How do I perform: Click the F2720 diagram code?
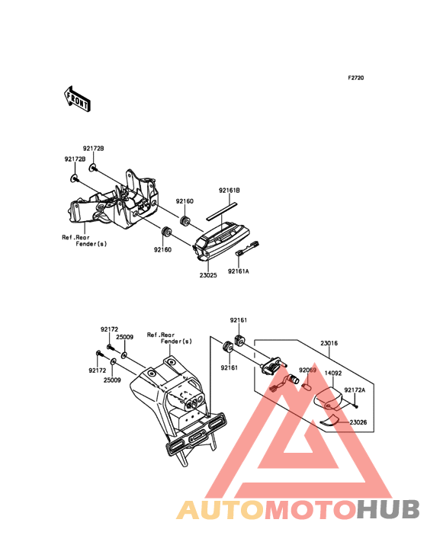point(356,78)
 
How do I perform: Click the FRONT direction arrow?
point(77,99)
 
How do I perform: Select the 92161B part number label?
point(230,191)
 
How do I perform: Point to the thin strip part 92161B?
point(222,210)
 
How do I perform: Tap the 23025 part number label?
point(208,275)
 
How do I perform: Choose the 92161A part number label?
point(239,271)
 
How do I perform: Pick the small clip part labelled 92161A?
point(248,248)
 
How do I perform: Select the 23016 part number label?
point(329,343)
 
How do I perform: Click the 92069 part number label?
point(307,370)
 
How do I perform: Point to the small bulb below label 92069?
point(307,386)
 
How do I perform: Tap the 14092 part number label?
point(333,374)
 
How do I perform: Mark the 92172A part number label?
point(355,390)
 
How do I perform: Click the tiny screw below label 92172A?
point(356,406)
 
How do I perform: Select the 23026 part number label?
point(358,422)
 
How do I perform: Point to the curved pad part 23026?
point(329,420)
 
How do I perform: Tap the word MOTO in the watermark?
point(311,509)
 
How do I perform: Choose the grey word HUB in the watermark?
point(389,509)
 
